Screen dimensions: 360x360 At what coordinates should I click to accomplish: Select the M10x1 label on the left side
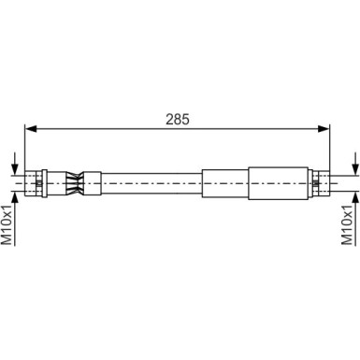[7, 228]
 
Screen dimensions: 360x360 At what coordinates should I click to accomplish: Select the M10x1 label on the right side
[351, 228]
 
